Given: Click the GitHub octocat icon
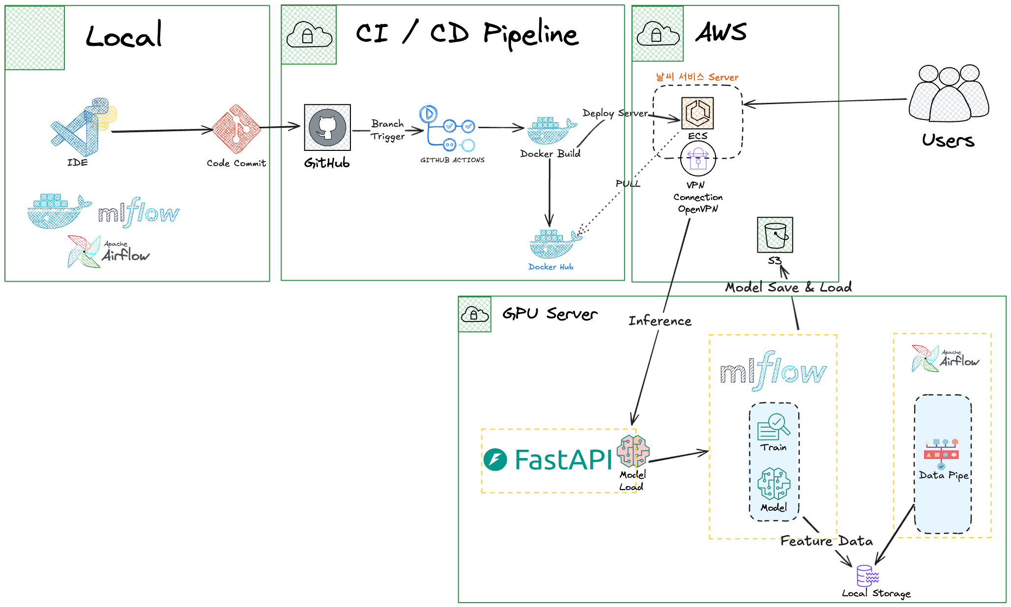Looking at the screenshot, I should (327, 127).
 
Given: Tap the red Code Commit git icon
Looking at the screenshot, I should (236, 129).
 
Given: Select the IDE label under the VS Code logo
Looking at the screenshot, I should (78, 163).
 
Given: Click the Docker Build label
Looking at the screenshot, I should (550, 154).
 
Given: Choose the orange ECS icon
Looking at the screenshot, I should (697, 113).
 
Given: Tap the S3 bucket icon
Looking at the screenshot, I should (775, 234).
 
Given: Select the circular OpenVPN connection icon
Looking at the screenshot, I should (698, 158).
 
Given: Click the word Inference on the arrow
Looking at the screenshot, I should (660, 321).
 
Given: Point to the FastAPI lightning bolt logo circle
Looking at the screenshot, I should (495, 460).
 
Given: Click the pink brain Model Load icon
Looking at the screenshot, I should (634, 451).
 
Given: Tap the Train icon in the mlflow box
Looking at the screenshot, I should (774, 427).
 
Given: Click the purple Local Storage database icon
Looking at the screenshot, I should (867, 576).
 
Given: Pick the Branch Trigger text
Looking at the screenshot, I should (388, 130).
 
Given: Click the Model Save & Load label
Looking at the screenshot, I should (788, 288).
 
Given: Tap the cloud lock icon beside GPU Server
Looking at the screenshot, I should (474, 314).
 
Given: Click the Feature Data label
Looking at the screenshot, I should (827, 541).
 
